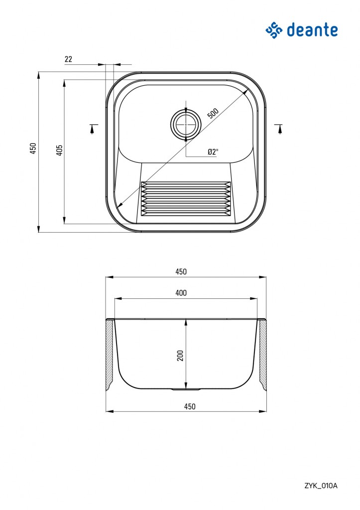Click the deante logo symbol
click(274, 30)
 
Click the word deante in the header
click(312, 30)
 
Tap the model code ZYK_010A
click(321, 486)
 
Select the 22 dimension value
click(68, 59)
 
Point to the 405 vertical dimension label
click(60, 150)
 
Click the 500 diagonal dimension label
click(213, 113)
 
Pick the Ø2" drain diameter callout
click(213, 151)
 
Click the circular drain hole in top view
click(186, 124)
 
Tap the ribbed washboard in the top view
click(186, 199)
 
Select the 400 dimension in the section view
click(181, 293)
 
